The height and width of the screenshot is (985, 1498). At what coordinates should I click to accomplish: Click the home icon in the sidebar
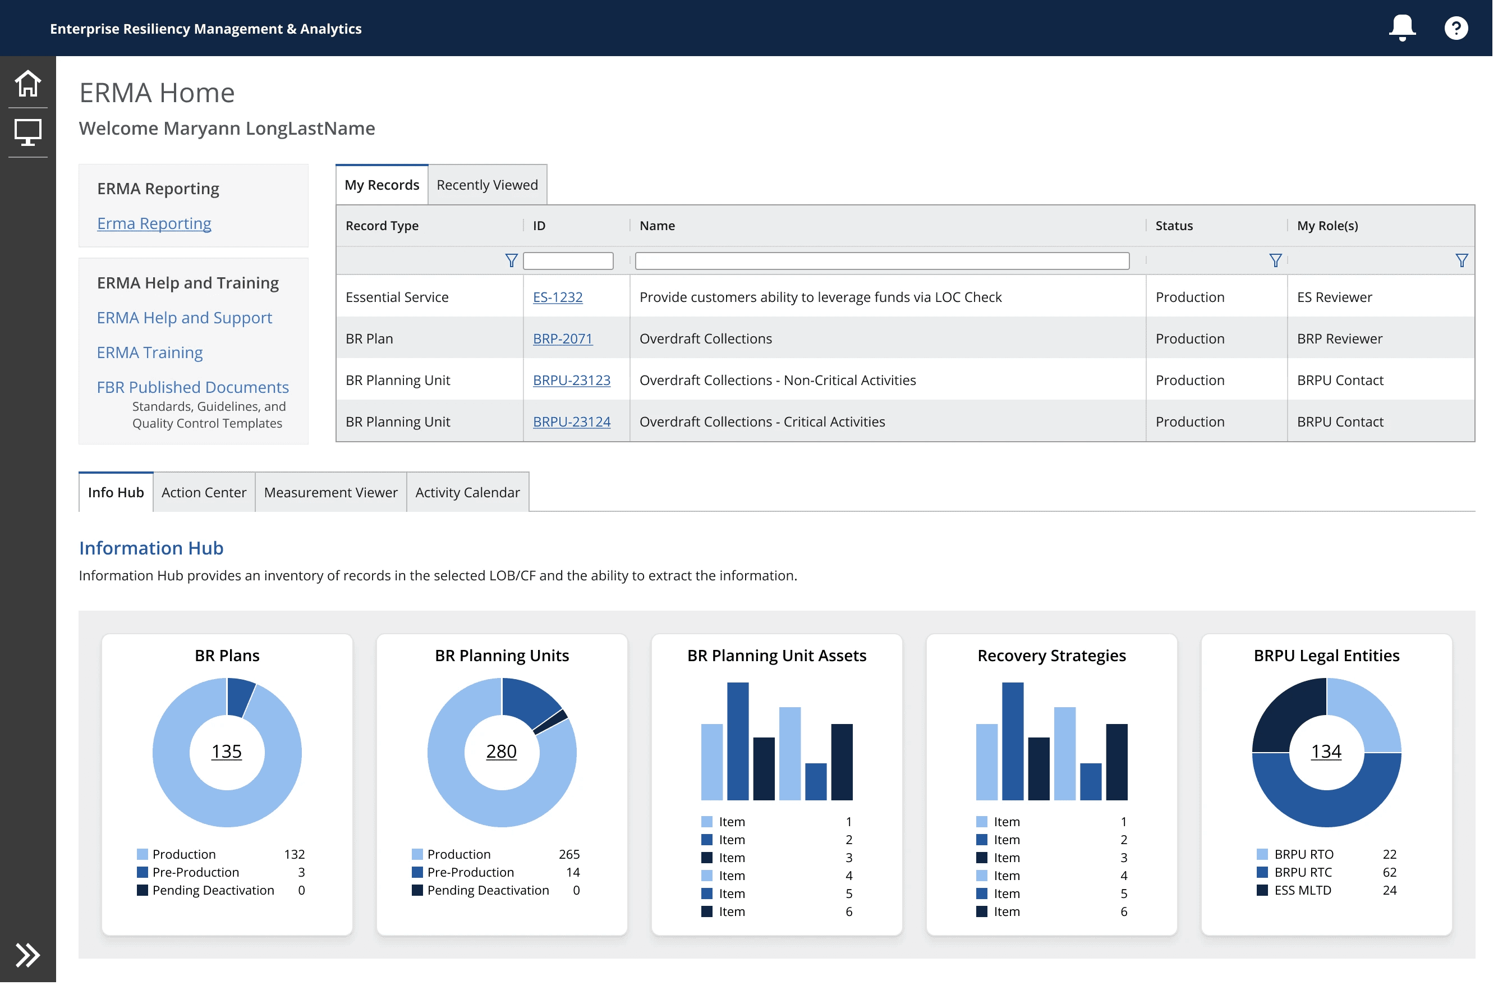pyautogui.click(x=27, y=83)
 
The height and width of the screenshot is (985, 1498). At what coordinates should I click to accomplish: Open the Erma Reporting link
pyautogui.click(x=154, y=223)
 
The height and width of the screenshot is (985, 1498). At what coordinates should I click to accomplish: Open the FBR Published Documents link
pyautogui.click(x=193, y=388)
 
